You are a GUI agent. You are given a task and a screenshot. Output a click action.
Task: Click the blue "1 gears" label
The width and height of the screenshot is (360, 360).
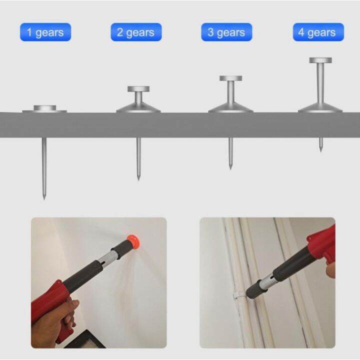[x=45, y=32]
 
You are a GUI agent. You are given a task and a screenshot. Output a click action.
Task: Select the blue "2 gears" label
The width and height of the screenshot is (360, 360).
[x=136, y=32]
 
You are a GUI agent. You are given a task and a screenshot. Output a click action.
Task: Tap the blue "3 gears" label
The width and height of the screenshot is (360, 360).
[x=226, y=32]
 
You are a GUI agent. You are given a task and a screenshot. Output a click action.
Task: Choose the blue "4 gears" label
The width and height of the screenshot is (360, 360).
[x=318, y=32]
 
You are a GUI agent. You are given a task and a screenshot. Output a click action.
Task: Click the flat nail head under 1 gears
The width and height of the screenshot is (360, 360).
[x=44, y=108]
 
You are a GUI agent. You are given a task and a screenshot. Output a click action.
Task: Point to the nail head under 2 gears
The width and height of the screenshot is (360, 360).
[x=138, y=89]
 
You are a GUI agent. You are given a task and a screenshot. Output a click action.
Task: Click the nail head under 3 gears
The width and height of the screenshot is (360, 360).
[x=230, y=78]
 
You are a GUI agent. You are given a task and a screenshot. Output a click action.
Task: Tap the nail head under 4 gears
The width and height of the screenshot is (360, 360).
[x=320, y=60]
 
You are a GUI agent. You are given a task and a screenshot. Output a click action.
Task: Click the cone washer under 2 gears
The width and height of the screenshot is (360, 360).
[x=138, y=107]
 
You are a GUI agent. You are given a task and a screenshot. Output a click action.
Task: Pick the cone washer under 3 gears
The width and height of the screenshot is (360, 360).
[x=230, y=107]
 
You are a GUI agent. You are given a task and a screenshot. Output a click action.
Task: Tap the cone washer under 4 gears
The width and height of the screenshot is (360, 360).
[x=320, y=107]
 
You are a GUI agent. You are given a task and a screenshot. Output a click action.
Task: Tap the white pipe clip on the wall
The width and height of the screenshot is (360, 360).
[x=237, y=295]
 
